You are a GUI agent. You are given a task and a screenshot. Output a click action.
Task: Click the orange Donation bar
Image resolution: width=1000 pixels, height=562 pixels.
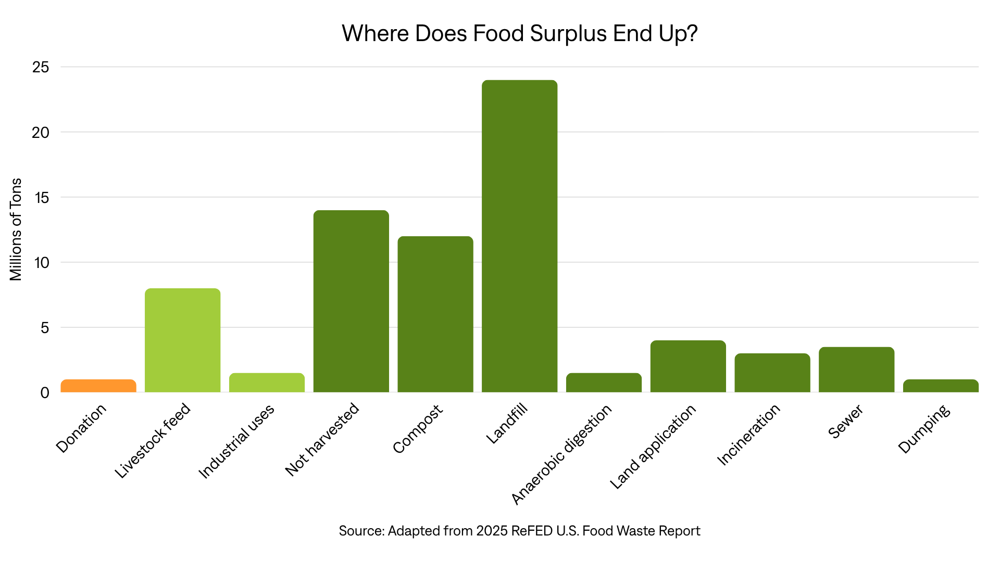coord(98,386)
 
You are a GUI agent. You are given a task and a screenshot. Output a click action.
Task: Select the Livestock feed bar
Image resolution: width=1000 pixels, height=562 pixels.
coord(182,340)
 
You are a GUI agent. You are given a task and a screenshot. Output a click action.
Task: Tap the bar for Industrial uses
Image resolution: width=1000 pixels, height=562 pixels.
coord(267,382)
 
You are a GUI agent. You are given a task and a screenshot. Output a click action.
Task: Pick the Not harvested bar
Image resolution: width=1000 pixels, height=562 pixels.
coord(351,301)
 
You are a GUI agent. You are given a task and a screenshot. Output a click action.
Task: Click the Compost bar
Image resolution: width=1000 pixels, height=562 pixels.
coord(435,314)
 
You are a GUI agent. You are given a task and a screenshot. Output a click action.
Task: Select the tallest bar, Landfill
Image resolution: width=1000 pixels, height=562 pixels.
coord(519,236)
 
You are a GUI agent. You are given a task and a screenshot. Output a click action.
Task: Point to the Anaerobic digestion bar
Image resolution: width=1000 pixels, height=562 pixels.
coord(604,382)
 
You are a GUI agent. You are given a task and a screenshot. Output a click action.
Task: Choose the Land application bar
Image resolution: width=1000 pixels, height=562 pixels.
coord(688,366)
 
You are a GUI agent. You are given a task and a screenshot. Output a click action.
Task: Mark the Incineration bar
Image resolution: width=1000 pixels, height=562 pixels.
coord(772,373)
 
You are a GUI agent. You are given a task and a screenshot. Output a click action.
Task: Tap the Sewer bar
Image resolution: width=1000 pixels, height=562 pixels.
coord(856,369)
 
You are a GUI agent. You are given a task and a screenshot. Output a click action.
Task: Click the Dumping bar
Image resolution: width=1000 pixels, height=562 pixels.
coord(941,386)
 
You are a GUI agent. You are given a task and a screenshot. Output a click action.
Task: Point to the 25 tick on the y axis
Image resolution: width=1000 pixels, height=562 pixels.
coord(41,67)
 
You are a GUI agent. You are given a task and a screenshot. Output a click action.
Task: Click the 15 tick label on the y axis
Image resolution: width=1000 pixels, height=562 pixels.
coord(41,197)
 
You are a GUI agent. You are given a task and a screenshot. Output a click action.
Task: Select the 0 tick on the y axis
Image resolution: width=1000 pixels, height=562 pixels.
coord(45,392)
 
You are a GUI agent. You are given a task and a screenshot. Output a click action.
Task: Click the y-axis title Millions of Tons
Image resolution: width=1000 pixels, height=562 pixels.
coord(16,229)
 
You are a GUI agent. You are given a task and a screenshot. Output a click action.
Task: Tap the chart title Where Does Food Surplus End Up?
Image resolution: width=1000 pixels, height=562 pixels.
coord(519,33)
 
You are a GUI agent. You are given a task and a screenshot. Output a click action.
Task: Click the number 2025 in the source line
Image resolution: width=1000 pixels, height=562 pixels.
coord(491,531)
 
